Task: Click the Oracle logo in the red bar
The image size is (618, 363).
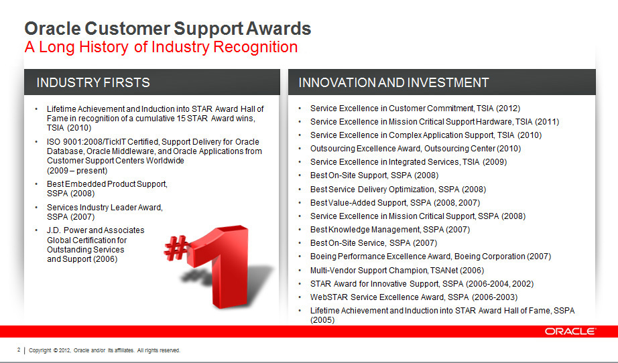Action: click(570, 331)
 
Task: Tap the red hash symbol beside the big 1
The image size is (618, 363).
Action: click(176, 247)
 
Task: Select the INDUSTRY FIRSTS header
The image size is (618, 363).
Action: click(93, 82)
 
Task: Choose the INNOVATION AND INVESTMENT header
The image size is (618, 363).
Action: click(393, 82)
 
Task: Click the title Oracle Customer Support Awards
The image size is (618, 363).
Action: click(168, 28)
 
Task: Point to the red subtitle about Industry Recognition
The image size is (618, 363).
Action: click(161, 47)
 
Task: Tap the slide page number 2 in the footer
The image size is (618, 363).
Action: click(19, 350)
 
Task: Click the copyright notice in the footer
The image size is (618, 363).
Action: click(105, 350)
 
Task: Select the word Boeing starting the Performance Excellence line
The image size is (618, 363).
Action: click(323, 257)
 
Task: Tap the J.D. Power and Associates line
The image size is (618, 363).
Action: click(95, 230)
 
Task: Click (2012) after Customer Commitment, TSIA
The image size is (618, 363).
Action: click(508, 108)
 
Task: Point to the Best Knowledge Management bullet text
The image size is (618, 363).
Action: click(390, 230)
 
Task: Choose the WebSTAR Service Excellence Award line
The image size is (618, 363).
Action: click(414, 297)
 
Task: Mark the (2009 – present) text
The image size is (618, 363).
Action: click(77, 171)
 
